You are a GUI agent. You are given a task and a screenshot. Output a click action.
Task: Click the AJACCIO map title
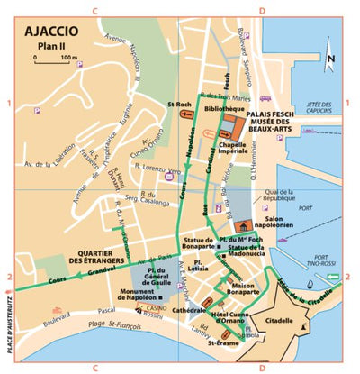pos(55,31)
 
